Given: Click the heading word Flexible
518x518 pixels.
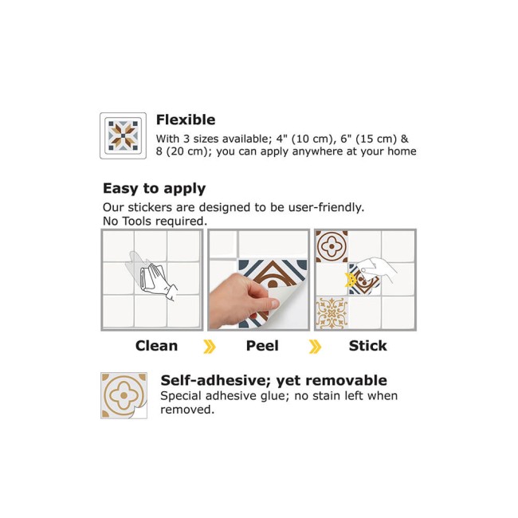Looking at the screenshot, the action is pyautogui.click(x=186, y=120).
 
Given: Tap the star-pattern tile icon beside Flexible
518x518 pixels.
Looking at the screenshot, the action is pyautogui.click(x=124, y=135).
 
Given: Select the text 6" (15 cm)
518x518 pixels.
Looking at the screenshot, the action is pyautogui.click(x=369, y=139).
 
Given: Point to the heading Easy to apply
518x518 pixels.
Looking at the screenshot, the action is pyautogui.click(x=155, y=189).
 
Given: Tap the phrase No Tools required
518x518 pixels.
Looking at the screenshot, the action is pyautogui.click(x=155, y=221).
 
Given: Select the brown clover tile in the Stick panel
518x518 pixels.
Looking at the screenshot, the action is pyautogui.click(x=332, y=246).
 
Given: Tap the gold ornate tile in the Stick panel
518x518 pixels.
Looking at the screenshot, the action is pyautogui.click(x=332, y=313).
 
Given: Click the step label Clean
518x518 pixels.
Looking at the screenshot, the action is pyautogui.click(x=156, y=346).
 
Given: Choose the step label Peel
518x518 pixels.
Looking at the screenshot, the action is pyautogui.click(x=262, y=346).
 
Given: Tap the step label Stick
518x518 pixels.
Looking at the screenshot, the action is pyautogui.click(x=367, y=346).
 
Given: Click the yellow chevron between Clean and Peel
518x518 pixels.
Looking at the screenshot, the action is pyautogui.click(x=210, y=347).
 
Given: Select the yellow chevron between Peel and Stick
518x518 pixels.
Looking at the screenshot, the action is pyautogui.click(x=315, y=347).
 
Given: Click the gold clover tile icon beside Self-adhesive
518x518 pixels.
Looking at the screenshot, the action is pyautogui.click(x=124, y=395).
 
